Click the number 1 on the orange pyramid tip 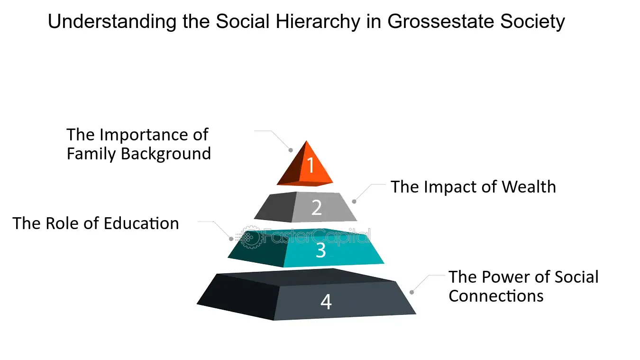point(311,166)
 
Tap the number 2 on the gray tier point(317,207)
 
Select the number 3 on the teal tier point(321,250)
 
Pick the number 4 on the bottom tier point(326,302)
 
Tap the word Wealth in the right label point(529,187)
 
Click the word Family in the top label point(91,154)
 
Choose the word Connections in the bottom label point(496,296)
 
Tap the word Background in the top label point(165,154)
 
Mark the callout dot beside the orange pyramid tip point(291,150)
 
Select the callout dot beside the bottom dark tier point(411,292)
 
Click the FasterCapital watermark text point(317,236)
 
